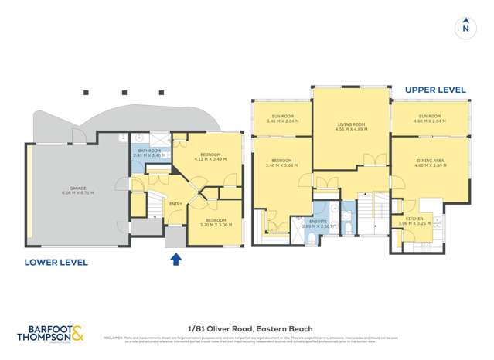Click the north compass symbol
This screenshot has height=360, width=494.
pyautogui.click(x=465, y=28)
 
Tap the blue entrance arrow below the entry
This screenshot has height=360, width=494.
pyautogui.click(x=175, y=260)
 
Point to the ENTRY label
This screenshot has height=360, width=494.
pyautogui.click(x=175, y=204)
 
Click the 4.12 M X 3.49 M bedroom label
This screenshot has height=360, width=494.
pyautogui.click(x=210, y=157)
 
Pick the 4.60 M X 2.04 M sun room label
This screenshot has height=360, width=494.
pyautogui.click(x=429, y=119)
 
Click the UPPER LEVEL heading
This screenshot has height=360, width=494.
pyautogui.click(x=435, y=90)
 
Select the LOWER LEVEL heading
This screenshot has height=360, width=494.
pyautogui.click(x=56, y=263)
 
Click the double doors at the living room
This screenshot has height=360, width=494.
pyautogui.click(x=374, y=160)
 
